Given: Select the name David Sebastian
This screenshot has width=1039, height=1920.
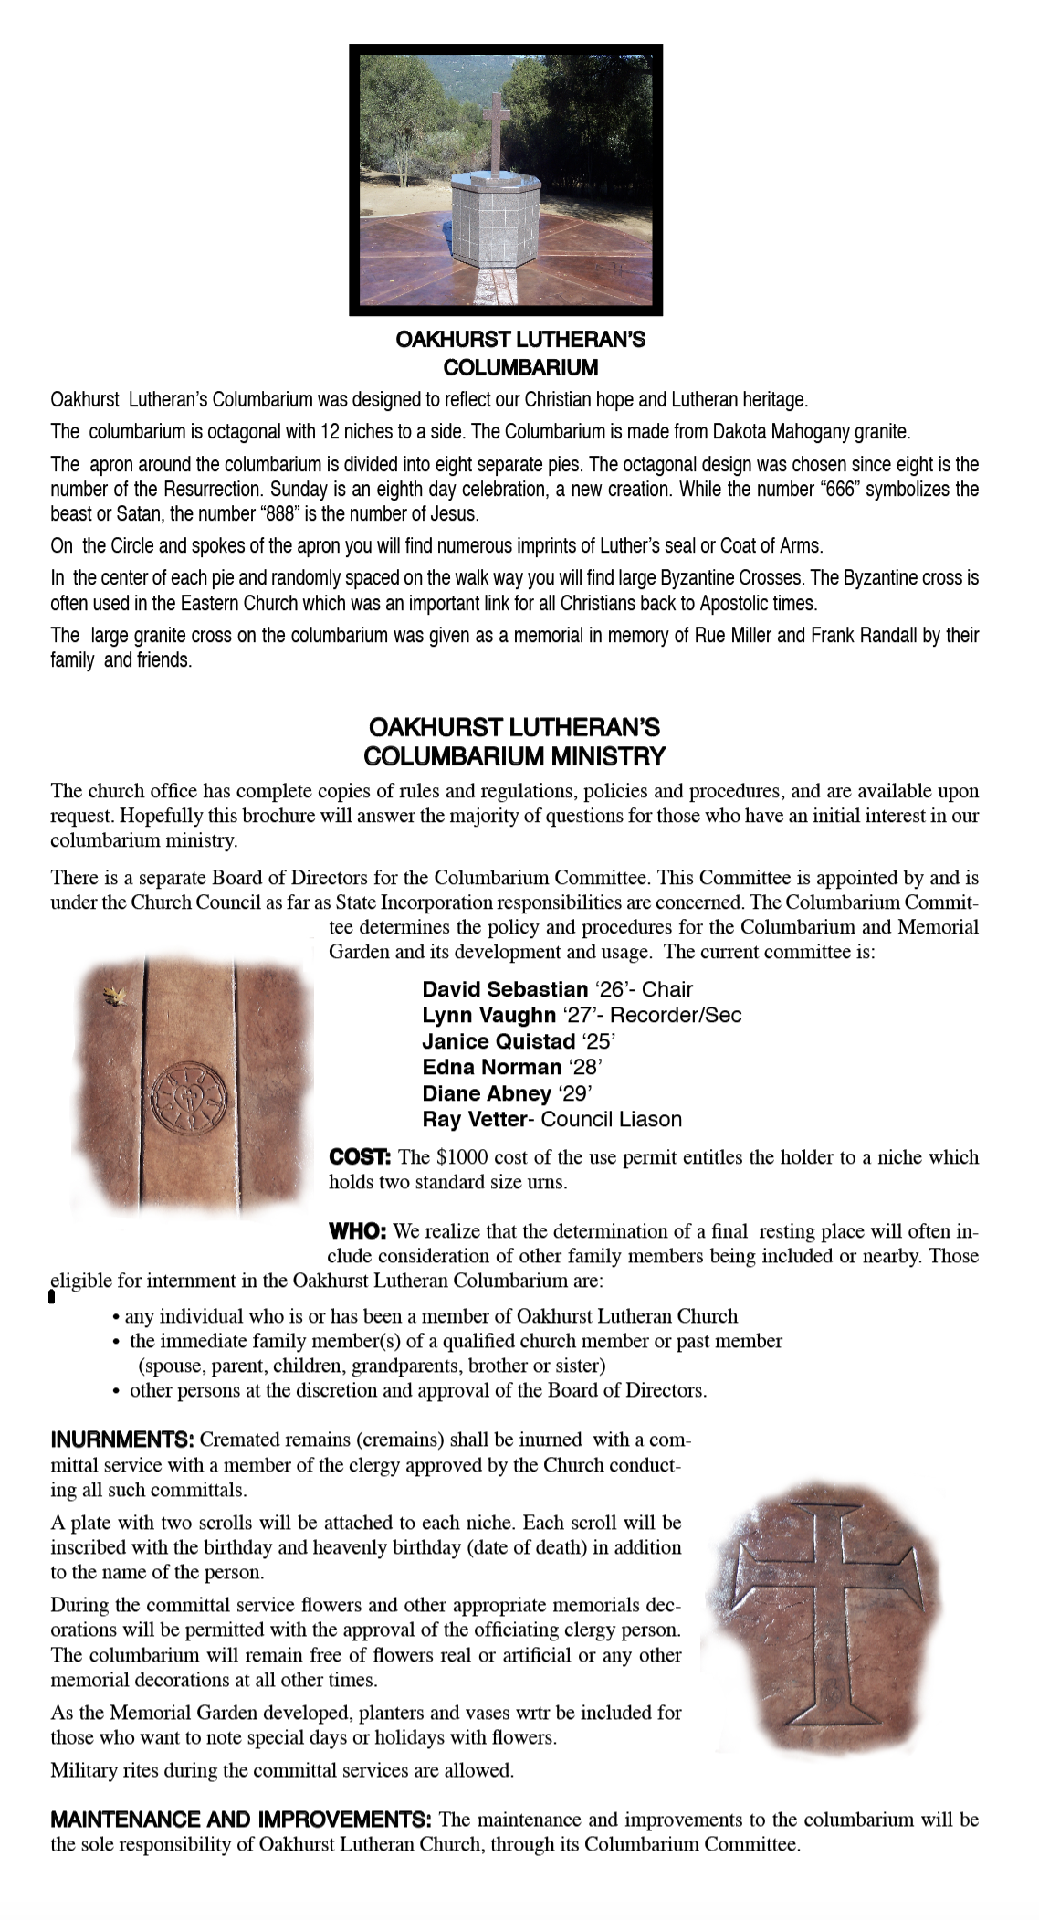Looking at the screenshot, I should (505, 989).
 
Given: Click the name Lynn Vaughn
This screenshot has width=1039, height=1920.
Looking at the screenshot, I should (488, 1015).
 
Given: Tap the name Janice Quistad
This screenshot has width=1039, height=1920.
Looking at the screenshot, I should (498, 1041).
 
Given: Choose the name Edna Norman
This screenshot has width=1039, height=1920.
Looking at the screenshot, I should (491, 1067).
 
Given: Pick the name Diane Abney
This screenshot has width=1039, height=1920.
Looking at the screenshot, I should (487, 1093).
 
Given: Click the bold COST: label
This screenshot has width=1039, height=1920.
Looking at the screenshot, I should (360, 1157).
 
